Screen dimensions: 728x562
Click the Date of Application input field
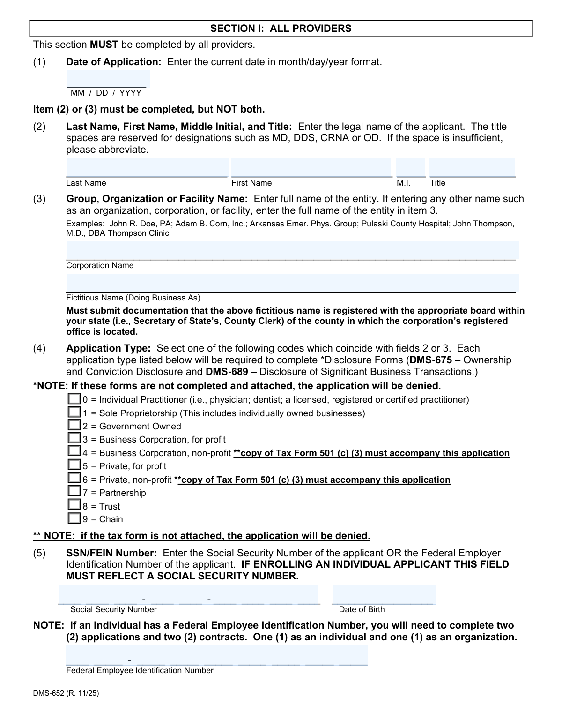[108, 79]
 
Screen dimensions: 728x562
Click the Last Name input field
[147, 168]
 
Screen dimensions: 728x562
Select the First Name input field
[311, 168]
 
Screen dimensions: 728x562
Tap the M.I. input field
[410, 168]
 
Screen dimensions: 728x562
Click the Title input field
[472, 168]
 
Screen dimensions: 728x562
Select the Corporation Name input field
[292, 250]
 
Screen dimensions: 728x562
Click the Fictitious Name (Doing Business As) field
[292, 283]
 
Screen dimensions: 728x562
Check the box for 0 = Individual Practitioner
[74, 399]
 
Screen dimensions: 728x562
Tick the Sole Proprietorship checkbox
[74, 413]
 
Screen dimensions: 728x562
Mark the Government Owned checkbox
[74, 426]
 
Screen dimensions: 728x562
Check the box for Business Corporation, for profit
[74, 439]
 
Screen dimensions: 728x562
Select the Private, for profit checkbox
[74, 465]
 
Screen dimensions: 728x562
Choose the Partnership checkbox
[74, 492]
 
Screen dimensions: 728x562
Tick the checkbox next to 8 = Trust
[74, 505]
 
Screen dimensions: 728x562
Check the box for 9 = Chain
[74, 518]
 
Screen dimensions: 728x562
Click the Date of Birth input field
[384, 594]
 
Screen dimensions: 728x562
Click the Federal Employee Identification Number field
[216, 655]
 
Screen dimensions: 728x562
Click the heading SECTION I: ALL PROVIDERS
[281, 29]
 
